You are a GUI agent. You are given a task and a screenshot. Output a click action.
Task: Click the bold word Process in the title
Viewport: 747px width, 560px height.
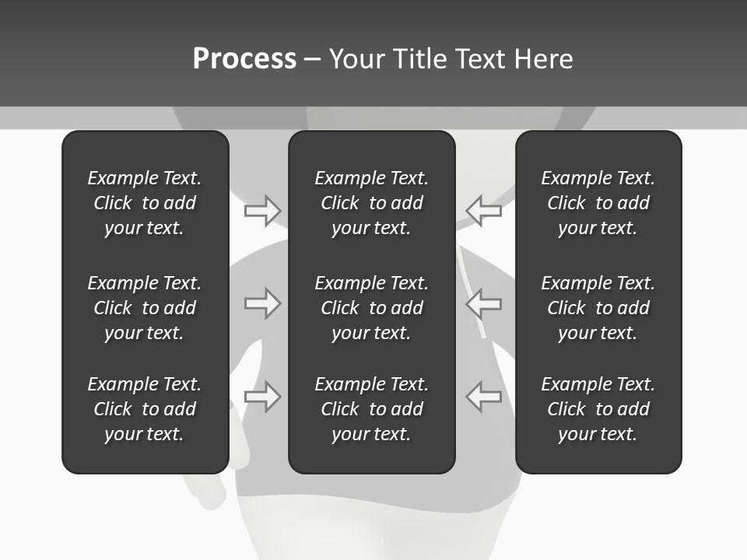pyautogui.click(x=244, y=59)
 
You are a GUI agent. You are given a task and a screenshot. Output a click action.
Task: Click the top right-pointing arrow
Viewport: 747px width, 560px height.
pyautogui.click(x=262, y=210)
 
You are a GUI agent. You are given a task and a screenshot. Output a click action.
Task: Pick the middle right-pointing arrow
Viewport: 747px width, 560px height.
pyautogui.click(x=262, y=303)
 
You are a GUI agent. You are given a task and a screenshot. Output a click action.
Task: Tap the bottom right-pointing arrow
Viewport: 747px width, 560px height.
pyautogui.click(x=262, y=397)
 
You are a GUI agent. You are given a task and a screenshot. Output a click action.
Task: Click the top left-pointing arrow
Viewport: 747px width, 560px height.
pyautogui.click(x=484, y=210)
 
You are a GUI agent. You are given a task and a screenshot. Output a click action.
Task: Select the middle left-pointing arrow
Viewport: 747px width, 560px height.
pyautogui.click(x=484, y=303)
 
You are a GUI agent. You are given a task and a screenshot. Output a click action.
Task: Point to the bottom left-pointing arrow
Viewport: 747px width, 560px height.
pyautogui.click(x=484, y=397)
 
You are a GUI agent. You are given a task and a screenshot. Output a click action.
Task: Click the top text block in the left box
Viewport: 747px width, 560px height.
pyautogui.click(x=145, y=203)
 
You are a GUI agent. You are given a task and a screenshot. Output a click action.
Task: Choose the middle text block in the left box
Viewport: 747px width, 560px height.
pyautogui.click(x=145, y=308)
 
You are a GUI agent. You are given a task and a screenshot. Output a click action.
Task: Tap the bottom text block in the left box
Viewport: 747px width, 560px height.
pyautogui.click(x=145, y=409)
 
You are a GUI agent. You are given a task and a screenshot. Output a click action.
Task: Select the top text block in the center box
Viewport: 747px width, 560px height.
pyautogui.click(x=372, y=203)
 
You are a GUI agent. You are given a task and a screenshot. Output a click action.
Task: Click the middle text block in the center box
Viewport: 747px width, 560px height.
pyautogui.click(x=372, y=308)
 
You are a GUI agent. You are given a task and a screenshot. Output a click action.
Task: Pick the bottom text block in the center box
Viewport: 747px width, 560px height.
pyautogui.click(x=372, y=409)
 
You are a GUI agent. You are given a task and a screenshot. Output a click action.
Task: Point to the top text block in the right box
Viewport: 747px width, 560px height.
pyautogui.click(x=598, y=203)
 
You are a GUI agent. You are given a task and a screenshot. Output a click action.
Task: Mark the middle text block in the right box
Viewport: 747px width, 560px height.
pyautogui.click(x=598, y=308)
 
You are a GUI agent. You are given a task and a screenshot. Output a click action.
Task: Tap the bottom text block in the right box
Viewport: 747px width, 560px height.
pyautogui.click(x=598, y=409)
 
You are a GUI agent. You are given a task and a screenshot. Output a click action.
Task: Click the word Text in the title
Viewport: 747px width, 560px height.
pyautogui.click(x=479, y=59)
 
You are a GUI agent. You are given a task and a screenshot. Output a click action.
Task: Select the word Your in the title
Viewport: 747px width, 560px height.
pyautogui.click(x=357, y=59)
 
